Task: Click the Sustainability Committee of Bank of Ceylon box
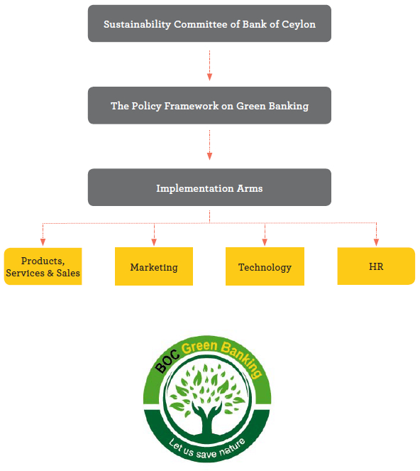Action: pyautogui.click(x=209, y=23)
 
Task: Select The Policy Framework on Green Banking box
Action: pyautogui.click(x=209, y=105)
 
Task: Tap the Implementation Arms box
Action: pyautogui.click(x=209, y=188)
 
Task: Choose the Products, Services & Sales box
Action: pyautogui.click(x=43, y=266)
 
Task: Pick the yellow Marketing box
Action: pyautogui.click(x=154, y=266)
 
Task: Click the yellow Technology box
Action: pyautogui.click(x=265, y=266)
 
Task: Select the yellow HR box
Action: pyautogui.click(x=376, y=266)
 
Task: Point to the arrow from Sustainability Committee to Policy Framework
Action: pyautogui.click(x=210, y=65)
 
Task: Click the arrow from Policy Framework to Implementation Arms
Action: pyautogui.click(x=210, y=145)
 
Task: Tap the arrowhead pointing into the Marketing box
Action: pyautogui.click(x=154, y=242)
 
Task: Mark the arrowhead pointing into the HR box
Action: pyautogui.click(x=376, y=242)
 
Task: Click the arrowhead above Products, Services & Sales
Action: pyautogui.click(x=43, y=242)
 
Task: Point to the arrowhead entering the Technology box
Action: pyautogui.click(x=265, y=242)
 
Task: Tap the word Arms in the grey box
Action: pyautogui.click(x=250, y=188)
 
